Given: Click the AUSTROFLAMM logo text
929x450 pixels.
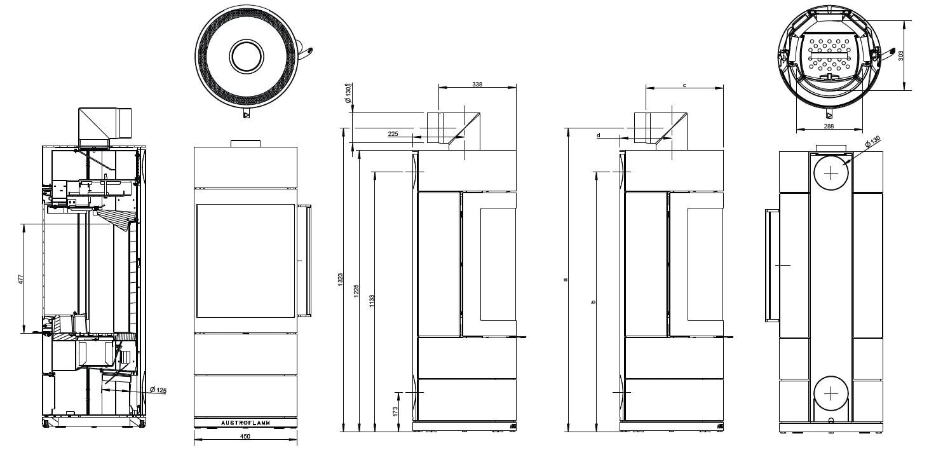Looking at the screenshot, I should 245,423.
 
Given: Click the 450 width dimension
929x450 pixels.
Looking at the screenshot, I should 245,437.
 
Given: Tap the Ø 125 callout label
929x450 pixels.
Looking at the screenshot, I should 158,390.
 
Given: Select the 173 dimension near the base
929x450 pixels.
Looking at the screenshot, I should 395,412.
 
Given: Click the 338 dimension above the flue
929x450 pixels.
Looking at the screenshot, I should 477,84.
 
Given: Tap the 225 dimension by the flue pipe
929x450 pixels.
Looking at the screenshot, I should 393,134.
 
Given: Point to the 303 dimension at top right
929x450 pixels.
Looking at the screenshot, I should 900,55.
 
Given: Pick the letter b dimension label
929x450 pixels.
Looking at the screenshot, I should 593,301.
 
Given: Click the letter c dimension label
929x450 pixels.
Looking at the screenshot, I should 684,84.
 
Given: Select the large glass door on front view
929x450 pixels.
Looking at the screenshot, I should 245,261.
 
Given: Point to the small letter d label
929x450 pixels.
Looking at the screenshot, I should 599,135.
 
